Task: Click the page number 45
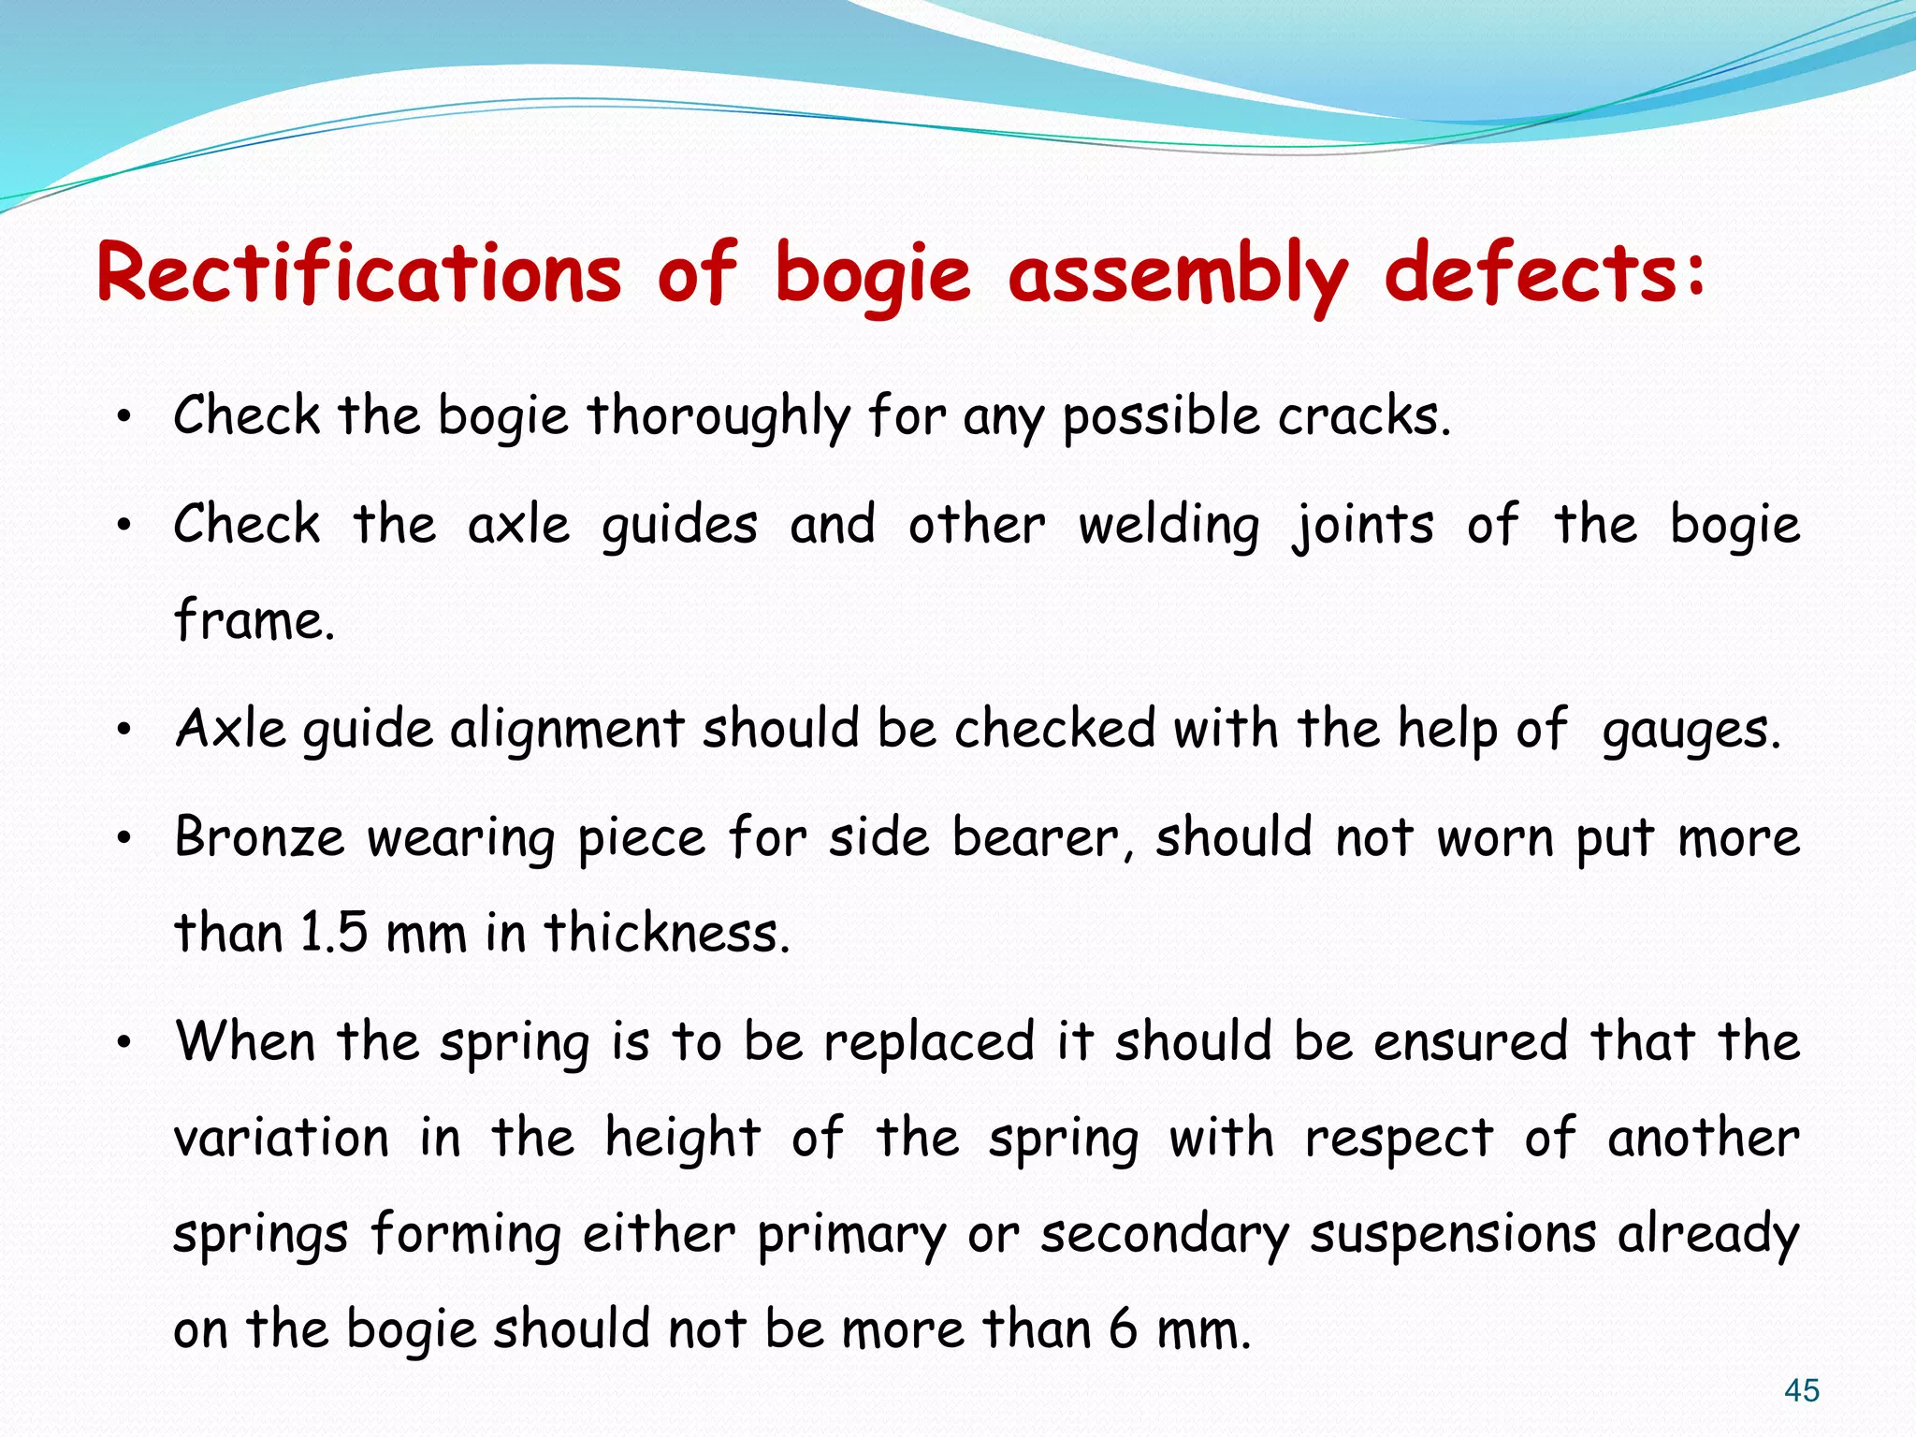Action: tap(1801, 1390)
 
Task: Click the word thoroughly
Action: tap(718, 417)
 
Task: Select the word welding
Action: tap(1168, 526)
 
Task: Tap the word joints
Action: tap(1362, 526)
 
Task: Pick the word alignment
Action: tap(568, 730)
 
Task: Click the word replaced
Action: tap(928, 1042)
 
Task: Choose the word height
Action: tap(682, 1139)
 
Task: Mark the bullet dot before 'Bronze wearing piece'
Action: tap(123, 838)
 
